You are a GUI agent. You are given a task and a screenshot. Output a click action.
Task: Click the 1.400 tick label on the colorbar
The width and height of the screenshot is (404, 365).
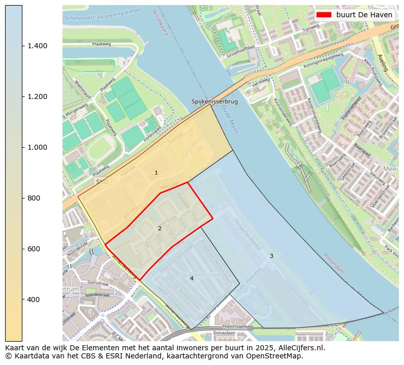tap(38, 46)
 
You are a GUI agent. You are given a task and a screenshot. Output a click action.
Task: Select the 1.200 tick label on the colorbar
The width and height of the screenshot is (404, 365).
tap(38, 96)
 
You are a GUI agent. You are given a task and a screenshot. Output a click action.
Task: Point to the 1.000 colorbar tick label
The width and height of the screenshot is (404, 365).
tap(38, 147)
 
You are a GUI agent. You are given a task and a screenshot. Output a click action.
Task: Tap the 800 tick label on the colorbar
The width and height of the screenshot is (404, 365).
tap(34, 198)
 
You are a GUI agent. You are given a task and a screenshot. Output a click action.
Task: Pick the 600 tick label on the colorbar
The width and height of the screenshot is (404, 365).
tap(34, 249)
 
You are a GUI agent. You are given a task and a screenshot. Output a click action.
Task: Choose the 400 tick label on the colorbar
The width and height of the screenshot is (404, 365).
tap(34, 300)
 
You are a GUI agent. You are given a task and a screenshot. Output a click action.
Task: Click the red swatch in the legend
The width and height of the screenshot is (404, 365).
tap(324, 15)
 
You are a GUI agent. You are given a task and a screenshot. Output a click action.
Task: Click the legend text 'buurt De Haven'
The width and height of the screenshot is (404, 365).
tap(364, 15)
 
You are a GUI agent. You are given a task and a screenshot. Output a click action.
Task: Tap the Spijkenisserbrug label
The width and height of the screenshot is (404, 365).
tap(214, 102)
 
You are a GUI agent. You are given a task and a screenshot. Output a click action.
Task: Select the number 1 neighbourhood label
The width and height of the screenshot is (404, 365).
tap(156, 173)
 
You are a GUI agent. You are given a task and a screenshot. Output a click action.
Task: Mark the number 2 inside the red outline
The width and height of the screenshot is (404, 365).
tap(160, 229)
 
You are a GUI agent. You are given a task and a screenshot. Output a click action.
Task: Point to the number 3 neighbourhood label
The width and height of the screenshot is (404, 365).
tap(271, 256)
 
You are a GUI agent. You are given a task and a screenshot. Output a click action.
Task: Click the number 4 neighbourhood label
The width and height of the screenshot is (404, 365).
tap(192, 279)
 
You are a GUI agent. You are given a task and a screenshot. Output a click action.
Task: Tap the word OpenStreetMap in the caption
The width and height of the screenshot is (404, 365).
tap(278, 356)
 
